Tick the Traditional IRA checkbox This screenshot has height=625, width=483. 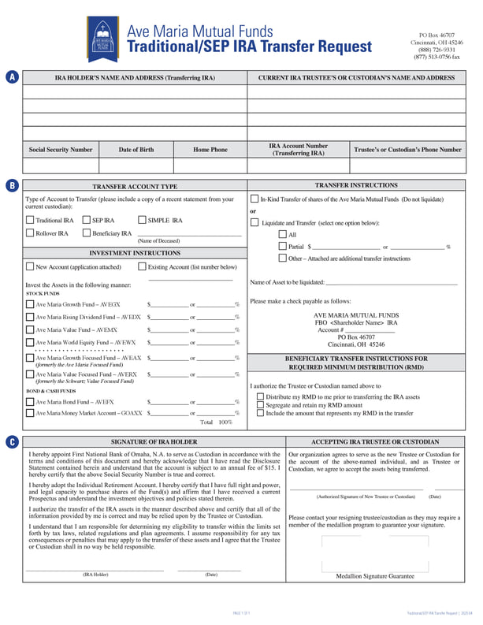[x=30, y=221]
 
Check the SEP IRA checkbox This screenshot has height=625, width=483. [x=86, y=221]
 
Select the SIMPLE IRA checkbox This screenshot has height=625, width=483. [x=141, y=221]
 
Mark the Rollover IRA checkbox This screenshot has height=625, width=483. [x=30, y=233]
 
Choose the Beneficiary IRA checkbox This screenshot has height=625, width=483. [x=86, y=233]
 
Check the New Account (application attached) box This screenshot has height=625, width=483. [x=30, y=267]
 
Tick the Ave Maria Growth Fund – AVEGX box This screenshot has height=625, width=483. [x=30, y=303]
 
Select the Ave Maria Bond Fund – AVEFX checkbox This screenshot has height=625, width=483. [x=30, y=402]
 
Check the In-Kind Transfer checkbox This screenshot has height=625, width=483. [x=255, y=199]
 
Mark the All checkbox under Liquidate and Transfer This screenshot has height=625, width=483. [x=283, y=234]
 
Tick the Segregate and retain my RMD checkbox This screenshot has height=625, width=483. [x=261, y=405]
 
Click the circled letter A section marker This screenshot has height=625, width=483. [x=12, y=77]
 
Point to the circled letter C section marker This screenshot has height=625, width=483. [x=12, y=442]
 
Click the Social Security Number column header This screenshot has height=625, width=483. [x=61, y=150]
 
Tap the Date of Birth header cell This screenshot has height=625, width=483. [x=136, y=150]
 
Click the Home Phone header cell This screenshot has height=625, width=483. [x=210, y=150]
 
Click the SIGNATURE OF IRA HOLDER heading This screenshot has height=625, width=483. [x=154, y=442]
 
